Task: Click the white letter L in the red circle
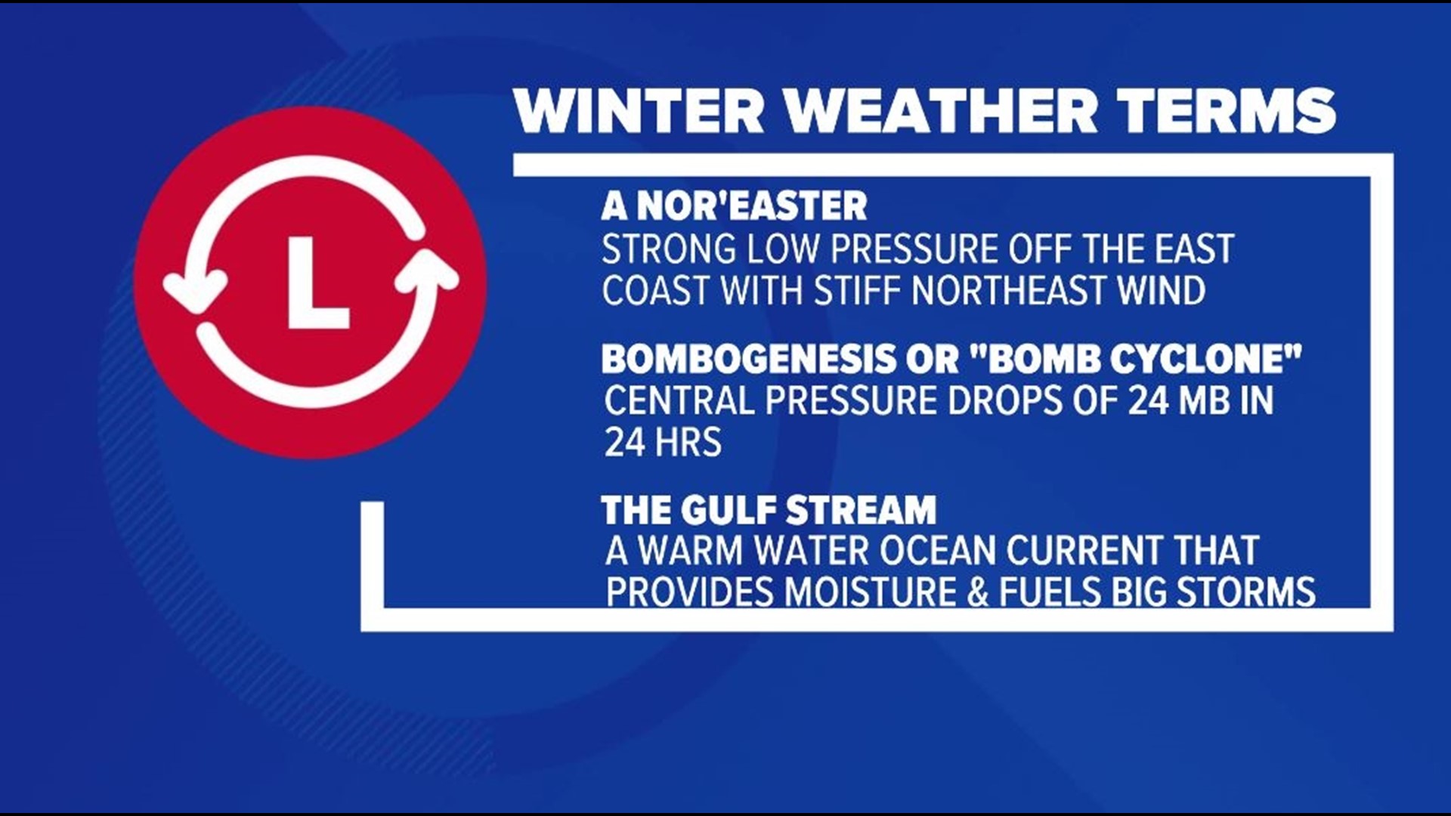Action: pyautogui.click(x=317, y=283)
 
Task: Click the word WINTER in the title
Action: pyautogui.click(x=639, y=111)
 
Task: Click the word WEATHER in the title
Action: pyautogui.click(x=940, y=111)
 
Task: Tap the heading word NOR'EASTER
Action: pyautogui.click(x=752, y=206)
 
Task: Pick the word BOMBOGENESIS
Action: pyautogui.click(x=748, y=360)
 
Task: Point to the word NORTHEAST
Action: pyautogui.click(x=1009, y=291)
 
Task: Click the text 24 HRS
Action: pyautogui.click(x=663, y=443)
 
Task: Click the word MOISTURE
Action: pyautogui.click(x=870, y=593)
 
